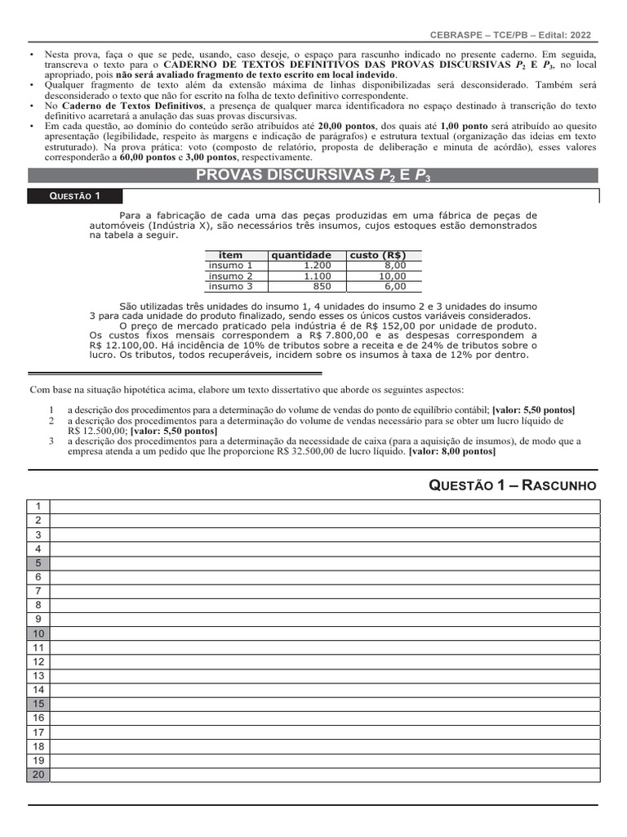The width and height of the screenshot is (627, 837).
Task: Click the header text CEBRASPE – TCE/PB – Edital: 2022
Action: pyautogui.click(x=510, y=35)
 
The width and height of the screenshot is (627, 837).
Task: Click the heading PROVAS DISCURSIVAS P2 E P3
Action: pyautogui.click(x=313, y=175)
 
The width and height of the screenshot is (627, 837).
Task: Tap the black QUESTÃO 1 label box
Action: pyautogui.click(x=75, y=196)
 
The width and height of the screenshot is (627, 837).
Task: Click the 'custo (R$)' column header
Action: pyautogui.click(x=378, y=255)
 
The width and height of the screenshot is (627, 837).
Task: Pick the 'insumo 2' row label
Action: pyautogui.click(x=231, y=276)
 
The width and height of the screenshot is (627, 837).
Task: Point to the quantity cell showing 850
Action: pyautogui.click(x=322, y=287)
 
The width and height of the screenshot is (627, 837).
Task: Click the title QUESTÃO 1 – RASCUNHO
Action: pyautogui.click(x=514, y=486)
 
